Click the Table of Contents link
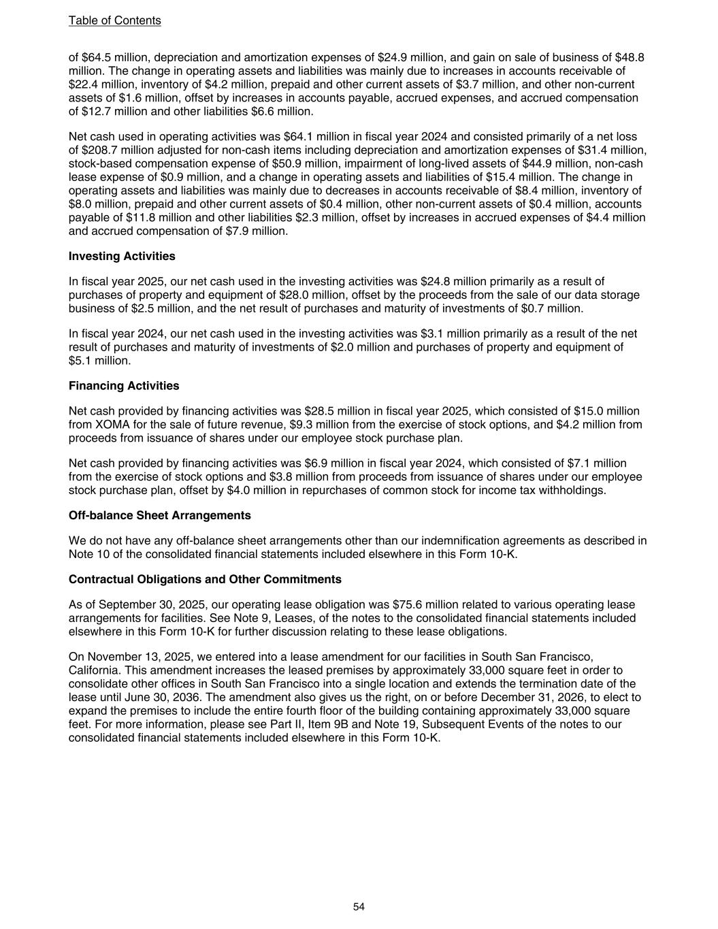(x=114, y=20)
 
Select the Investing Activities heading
(x=122, y=256)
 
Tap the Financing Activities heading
(x=124, y=386)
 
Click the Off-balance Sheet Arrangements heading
(x=159, y=515)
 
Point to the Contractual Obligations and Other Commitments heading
(x=205, y=579)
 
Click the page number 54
(x=359, y=907)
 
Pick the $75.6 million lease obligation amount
(x=424, y=604)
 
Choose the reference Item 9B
(x=331, y=724)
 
